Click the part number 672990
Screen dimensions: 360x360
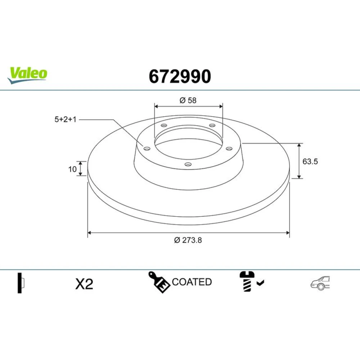point(180,76)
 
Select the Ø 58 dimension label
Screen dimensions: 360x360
point(188,100)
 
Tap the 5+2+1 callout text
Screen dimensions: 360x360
point(65,120)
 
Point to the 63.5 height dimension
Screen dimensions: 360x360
point(310,161)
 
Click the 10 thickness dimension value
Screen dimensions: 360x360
point(72,169)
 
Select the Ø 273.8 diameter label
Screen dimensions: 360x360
point(188,240)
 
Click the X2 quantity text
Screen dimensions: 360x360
point(84,284)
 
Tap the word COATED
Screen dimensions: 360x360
point(192,282)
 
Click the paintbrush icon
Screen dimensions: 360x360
point(159,282)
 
